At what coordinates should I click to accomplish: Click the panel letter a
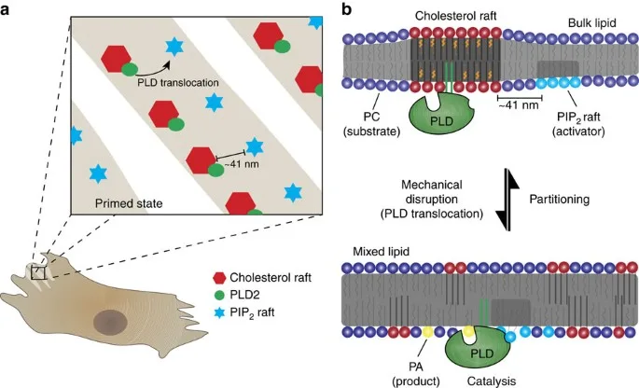coord(7,11)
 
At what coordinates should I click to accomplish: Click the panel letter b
coord(347,11)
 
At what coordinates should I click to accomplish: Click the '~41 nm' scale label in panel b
coord(520,105)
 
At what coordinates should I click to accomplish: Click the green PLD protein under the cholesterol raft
coord(433,119)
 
